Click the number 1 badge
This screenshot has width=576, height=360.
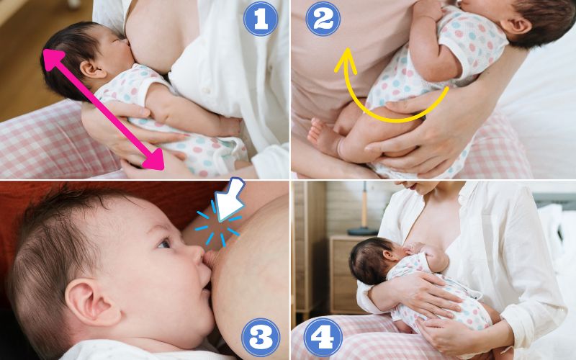pos(261,19)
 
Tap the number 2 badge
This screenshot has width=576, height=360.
pos(323,19)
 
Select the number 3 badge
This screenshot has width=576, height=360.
pos(261,337)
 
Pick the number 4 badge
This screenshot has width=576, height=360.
pos(323,337)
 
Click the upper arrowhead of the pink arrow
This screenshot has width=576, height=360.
pos(53,59)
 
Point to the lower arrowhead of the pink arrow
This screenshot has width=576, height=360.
pos(154,160)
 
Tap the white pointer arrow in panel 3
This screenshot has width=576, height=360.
pos(229,199)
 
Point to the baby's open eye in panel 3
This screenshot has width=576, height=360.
pos(164,243)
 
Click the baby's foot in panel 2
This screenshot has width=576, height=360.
pos(320,135)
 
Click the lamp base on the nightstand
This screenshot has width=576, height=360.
pos(362,231)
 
